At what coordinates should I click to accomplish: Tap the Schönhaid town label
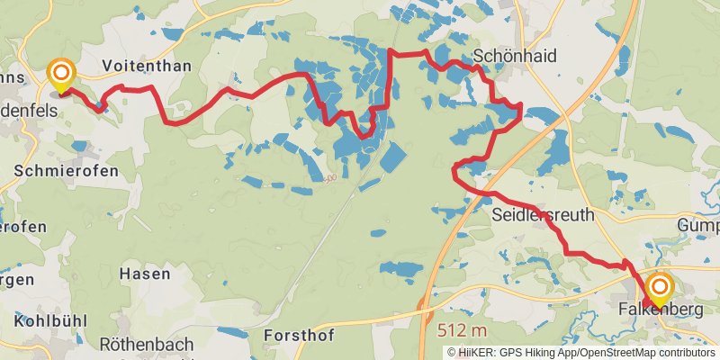click(515, 56)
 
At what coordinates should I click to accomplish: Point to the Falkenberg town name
click(661, 310)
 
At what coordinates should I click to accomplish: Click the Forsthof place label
click(299, 335)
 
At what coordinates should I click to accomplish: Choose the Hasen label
click(145, 273)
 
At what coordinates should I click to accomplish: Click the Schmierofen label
click(56, 169)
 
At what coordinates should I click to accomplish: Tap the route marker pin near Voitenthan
click(61, 76)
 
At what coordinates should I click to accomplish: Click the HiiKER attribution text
click(476, 352)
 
